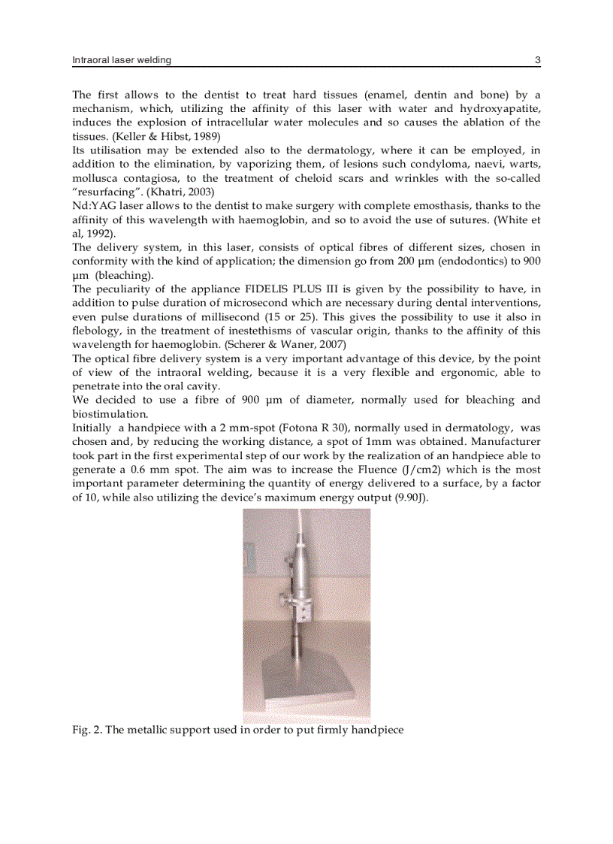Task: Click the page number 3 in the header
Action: click(x=537, y=60)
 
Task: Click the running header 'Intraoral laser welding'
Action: click(x=121, y=60)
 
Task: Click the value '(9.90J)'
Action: click(x=411, y=497)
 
